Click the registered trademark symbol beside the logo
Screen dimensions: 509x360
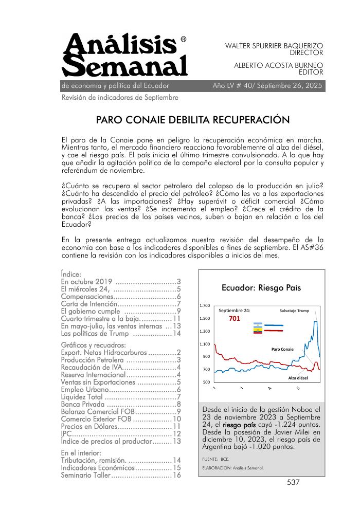click(x=184, y=39)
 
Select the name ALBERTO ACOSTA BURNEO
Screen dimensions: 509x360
click(x=278, y=65)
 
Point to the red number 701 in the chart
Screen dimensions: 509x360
click(x=235, y=319)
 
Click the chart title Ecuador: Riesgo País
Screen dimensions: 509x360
click(x=261, y=287)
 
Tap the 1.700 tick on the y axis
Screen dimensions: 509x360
click(x=204, y=306)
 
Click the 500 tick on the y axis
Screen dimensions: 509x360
click(x=206, y=382)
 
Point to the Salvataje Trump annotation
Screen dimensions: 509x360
click(x=294, y=311)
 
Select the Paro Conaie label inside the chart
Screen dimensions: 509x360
click(x=282, y=349)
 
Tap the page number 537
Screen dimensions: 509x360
click(x=293, y=482)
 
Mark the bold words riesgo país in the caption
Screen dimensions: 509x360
click(x=239, y=425)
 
